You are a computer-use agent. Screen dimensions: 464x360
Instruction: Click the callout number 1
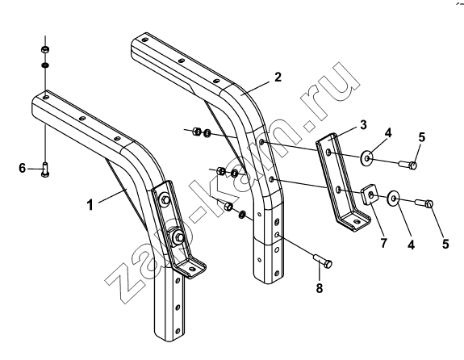(90, 204)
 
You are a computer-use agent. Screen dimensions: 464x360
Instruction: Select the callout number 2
(278, 77)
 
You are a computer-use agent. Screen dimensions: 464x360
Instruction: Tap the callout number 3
(363, 124)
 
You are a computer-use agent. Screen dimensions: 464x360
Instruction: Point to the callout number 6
(23, 168)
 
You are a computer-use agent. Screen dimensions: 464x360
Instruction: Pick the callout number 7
(383, 243)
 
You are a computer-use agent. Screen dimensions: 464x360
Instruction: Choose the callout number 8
(320, 287)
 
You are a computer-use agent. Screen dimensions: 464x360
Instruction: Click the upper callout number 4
(388, 133)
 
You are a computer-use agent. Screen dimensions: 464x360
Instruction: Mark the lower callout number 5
(445, 244)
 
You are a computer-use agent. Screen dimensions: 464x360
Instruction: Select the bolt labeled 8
(323, 261)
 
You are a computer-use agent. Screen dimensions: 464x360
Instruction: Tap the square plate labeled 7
(370, 195)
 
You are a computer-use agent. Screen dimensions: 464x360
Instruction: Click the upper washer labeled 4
(366, 157)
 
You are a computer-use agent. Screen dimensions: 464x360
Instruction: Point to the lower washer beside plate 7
(393, 197)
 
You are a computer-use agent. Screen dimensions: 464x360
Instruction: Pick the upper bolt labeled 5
(408, 164)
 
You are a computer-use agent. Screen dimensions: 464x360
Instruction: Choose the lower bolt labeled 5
(424, 203)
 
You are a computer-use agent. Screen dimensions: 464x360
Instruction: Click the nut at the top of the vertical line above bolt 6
(45, 49)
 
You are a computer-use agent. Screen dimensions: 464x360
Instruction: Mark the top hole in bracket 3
(328, 153)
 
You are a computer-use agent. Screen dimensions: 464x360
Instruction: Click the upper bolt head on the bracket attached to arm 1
(165, 200)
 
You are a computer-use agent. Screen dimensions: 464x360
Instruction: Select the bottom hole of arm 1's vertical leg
(177, 330)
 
